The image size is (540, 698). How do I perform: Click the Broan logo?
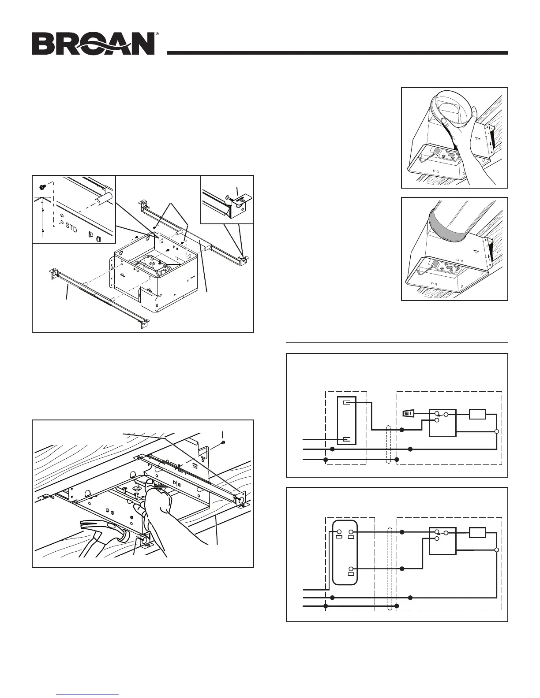[x=92, y=44]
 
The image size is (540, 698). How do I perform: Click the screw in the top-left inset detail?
[x=42, y=187]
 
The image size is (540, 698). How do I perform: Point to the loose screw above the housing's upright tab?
[x=223, y=442]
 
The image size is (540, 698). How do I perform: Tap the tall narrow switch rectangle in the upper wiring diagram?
[x=346, y=421]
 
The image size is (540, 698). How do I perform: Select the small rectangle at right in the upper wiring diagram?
[x=477, y=414]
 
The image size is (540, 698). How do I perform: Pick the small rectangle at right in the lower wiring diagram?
[x=477, y=533]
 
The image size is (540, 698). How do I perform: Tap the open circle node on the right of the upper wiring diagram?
[x=497, y=431]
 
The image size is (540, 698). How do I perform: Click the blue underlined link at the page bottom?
[x=88, y=693]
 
